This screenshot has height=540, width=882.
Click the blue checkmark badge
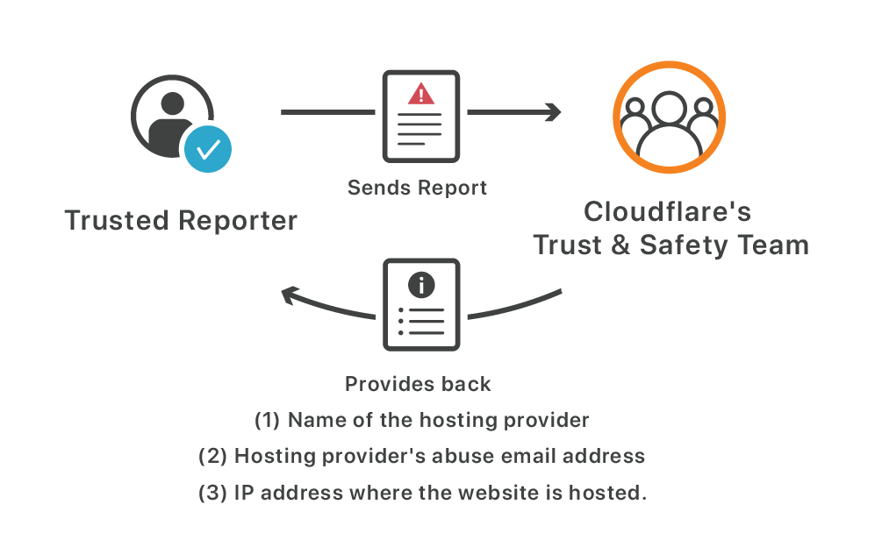(208, 149)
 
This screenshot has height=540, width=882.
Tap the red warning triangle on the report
(422, 94)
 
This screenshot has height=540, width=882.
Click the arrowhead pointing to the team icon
(552, 112)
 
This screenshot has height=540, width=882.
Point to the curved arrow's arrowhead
(290, 297)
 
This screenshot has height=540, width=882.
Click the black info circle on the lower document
(422, 284)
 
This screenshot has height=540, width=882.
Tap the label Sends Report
(417, 188)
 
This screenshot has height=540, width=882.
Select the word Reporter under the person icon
(238, 221)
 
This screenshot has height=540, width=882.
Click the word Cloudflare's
(668, 212)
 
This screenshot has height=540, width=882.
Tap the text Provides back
(418, 384)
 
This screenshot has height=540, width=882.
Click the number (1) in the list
(267, 420)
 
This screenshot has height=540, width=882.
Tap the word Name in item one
(312, 420)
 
